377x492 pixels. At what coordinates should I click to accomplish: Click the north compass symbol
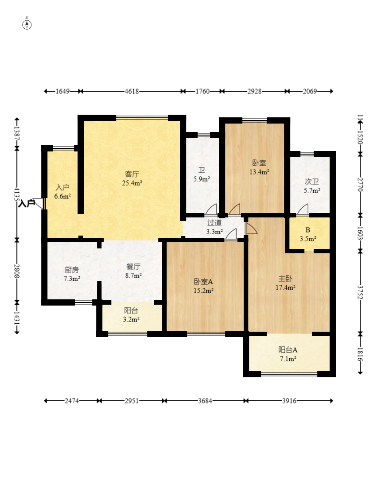[27, 24]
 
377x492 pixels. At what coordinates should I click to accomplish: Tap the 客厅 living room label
[132, 174]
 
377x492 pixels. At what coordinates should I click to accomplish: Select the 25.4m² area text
[132, 183]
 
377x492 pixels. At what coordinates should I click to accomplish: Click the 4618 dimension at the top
[132, 91]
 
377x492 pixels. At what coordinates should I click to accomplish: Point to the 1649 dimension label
[62, 91]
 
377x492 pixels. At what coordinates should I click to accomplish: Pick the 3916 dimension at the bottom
[289, 401]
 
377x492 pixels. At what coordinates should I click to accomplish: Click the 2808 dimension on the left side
[17, 271]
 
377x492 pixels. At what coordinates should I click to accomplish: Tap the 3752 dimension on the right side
[360, 292]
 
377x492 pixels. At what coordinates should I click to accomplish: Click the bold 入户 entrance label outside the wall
[27, 204]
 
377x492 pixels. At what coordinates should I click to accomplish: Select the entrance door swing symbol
[39, 203]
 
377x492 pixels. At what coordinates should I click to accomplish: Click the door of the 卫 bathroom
[211, 209]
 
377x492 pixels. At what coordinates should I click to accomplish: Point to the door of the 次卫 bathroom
[303, 209]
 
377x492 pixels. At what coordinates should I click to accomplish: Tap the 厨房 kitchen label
[72, 270]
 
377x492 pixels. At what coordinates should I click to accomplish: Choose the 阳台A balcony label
[288, 350]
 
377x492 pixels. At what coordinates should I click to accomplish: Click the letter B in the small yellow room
[307, 230]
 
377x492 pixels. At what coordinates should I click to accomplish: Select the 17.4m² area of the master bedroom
[285, 287]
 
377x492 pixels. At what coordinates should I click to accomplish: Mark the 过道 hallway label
[214, 223]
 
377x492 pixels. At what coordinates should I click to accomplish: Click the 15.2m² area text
[203, 291]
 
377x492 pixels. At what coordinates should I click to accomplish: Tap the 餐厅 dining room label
[133, 267]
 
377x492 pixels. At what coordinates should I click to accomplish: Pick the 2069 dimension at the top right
[310, 91]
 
